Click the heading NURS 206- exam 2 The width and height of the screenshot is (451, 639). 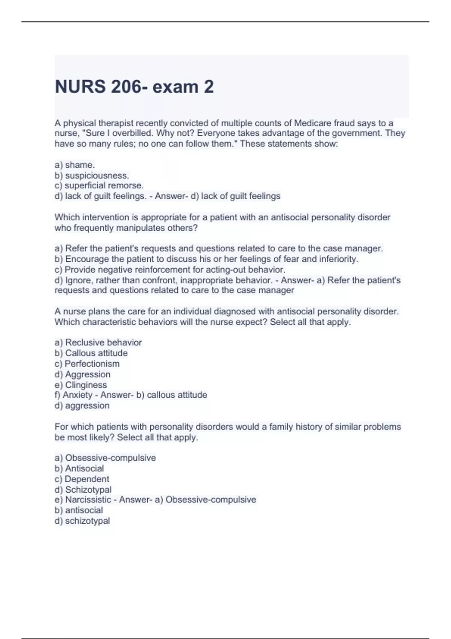click(x=134, y=87)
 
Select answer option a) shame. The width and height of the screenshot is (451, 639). click(x=75, y=165)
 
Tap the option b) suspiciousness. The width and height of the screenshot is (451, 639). click(x=92, y=176)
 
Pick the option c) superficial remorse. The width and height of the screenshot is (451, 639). click(x=99, y=186)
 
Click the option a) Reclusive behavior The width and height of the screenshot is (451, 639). click(x=98, y=342)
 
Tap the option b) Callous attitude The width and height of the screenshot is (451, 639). click(x=91, y=353)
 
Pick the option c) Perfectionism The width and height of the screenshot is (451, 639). click(x=87, y=363)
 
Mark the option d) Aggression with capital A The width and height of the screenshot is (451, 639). click(x=83, y=374)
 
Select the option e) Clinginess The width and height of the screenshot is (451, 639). click(x=81, y=385)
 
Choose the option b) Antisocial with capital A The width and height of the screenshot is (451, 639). click(x=79, y=468)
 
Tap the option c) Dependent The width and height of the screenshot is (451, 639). click(x=82, y=479)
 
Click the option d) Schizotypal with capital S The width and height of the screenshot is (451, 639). click(x=83, y=490)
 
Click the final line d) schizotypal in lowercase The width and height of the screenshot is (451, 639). click(x=82, y=521)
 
